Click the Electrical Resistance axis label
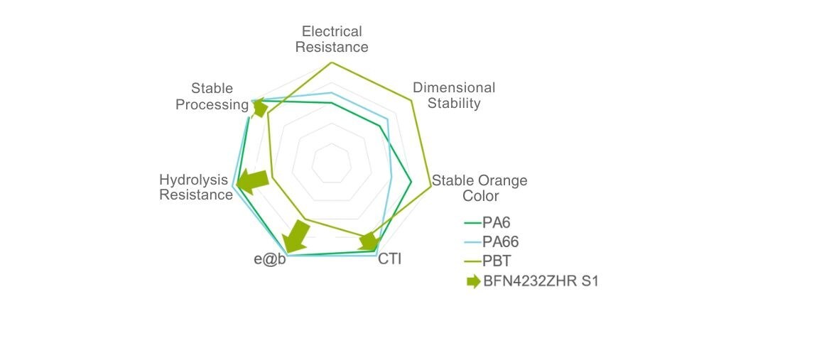(x=332, y=39)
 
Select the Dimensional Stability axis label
(x=454, y=95)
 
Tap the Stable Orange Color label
(x=479, y=188)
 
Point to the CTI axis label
(x=390, y=259)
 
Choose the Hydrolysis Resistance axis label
(x=196, y=187)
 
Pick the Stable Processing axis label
(x=212, y=96)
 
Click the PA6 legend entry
(x=487, y=222)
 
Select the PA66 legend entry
(x=491, y=242)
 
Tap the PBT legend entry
(x=489, y=261)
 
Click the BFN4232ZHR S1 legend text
(x=541, y=281)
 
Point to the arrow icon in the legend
(x=474, y=281)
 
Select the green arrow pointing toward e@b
(x=297, y=236)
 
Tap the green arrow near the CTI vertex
(x=369, y=241)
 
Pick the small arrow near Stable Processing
(x=259, y=109)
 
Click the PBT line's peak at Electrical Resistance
(x=332, y=62)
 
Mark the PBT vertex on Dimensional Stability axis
(x=411, y=99)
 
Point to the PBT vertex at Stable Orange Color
(x=431, y=185)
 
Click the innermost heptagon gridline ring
(x=332, y=163)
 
